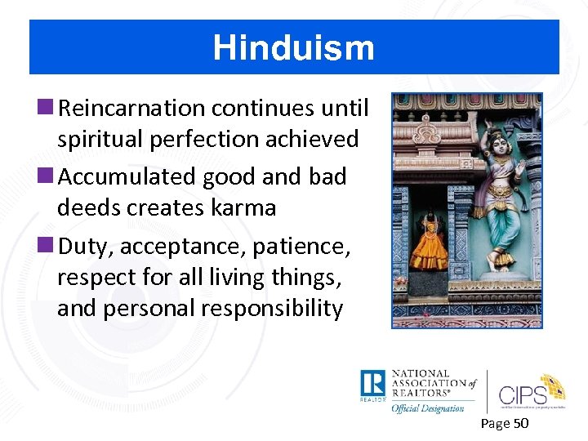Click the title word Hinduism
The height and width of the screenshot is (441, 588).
pos(293,47)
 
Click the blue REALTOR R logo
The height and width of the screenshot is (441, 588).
pos(372,384)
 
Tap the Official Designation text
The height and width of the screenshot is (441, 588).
pos(428,408)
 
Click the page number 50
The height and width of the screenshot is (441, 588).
pos(520,423)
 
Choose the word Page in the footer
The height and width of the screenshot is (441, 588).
pos(495,423)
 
